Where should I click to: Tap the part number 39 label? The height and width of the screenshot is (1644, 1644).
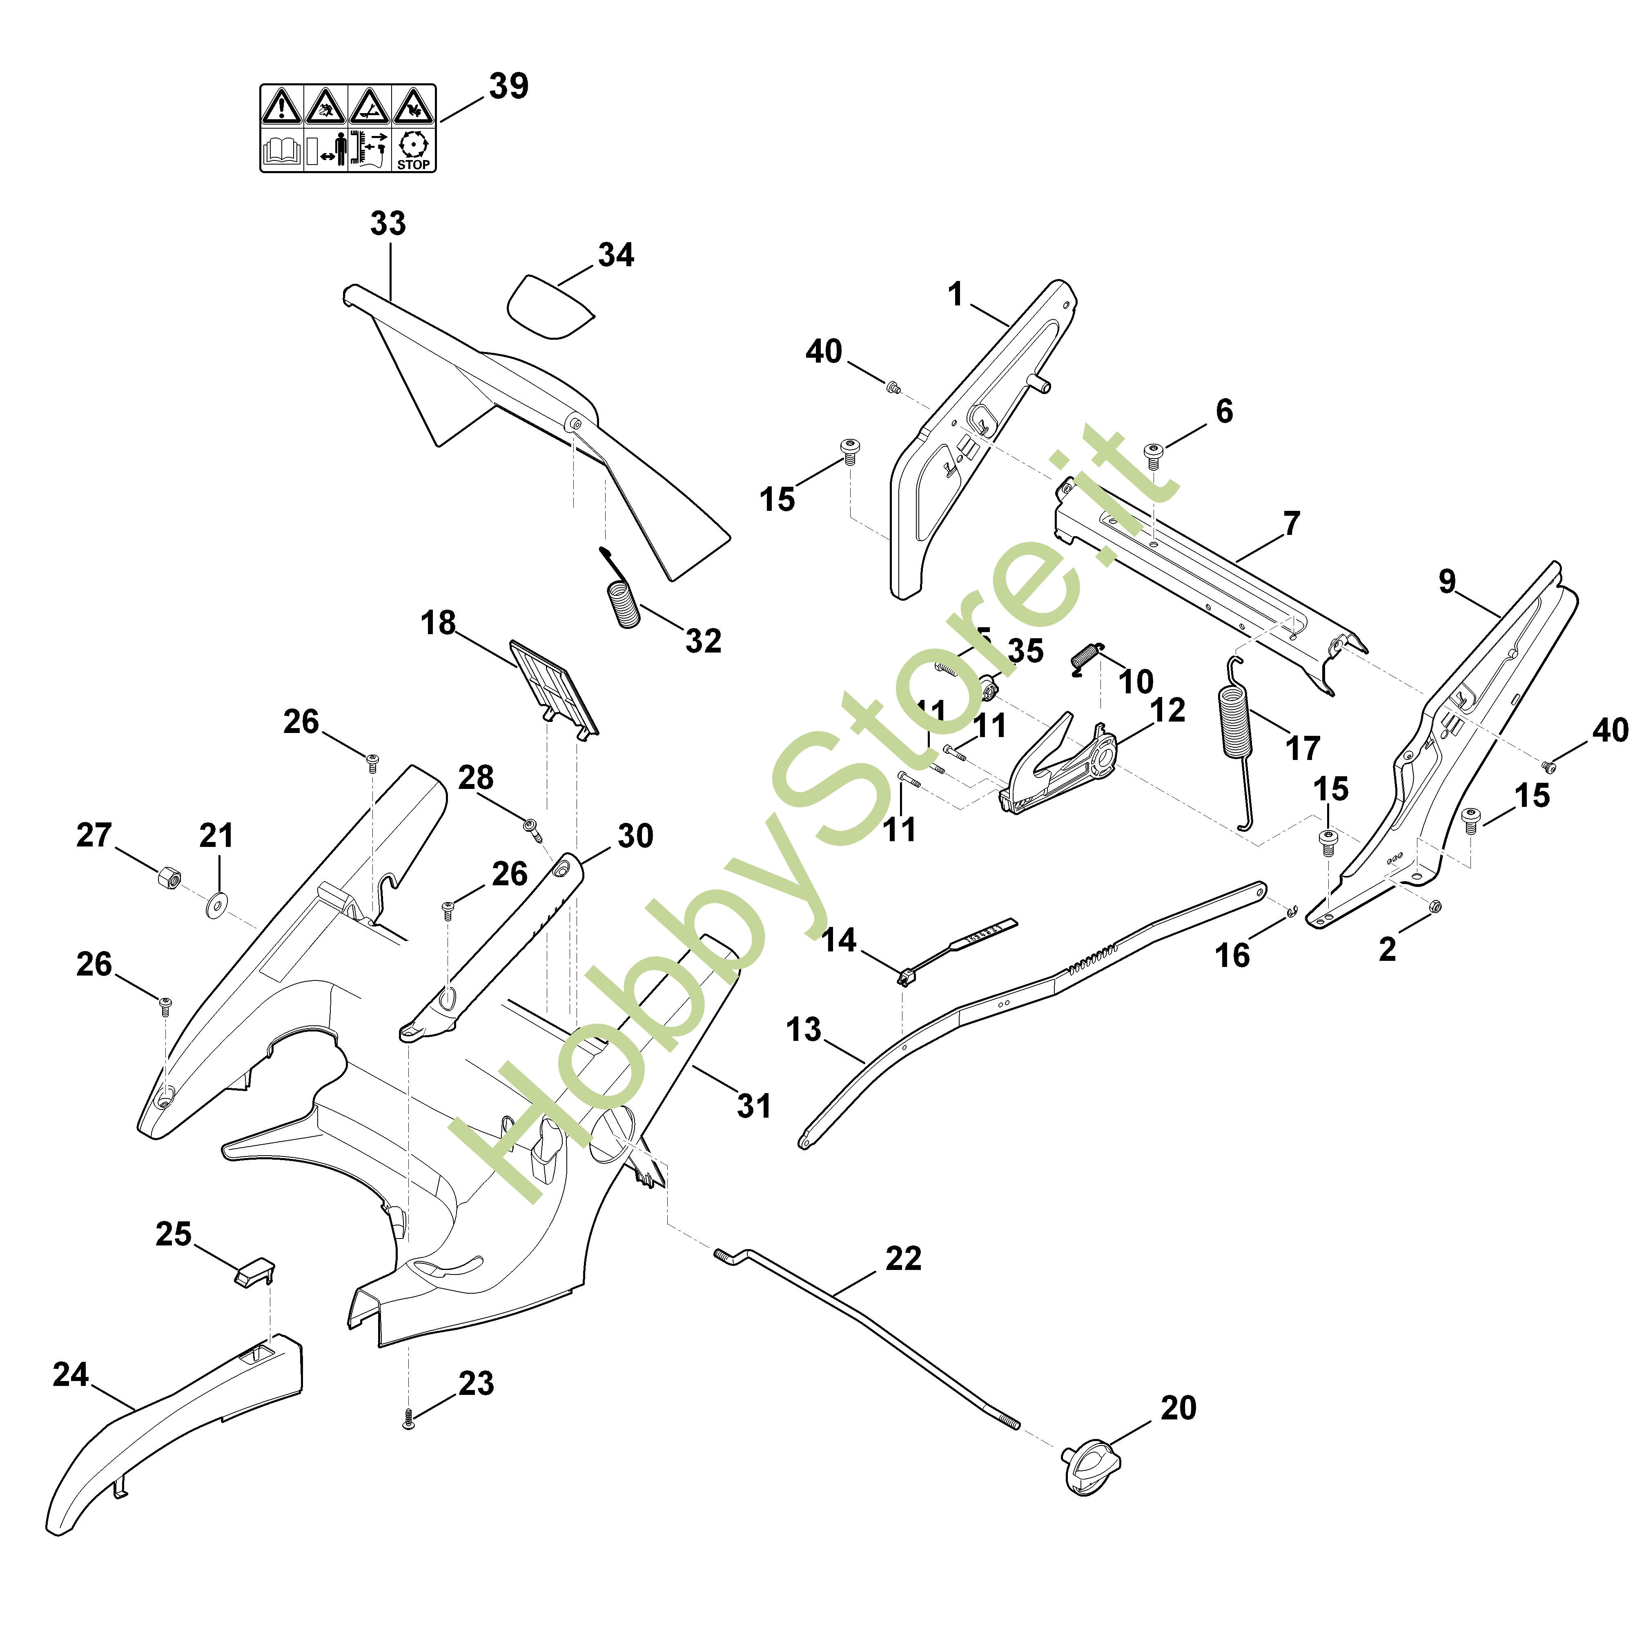[508, 86]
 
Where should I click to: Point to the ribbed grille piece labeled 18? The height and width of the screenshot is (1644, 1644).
[553, 687]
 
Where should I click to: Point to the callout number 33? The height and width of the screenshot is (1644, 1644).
[388, 224]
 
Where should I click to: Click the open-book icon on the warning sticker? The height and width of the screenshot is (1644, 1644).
[283, 151]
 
